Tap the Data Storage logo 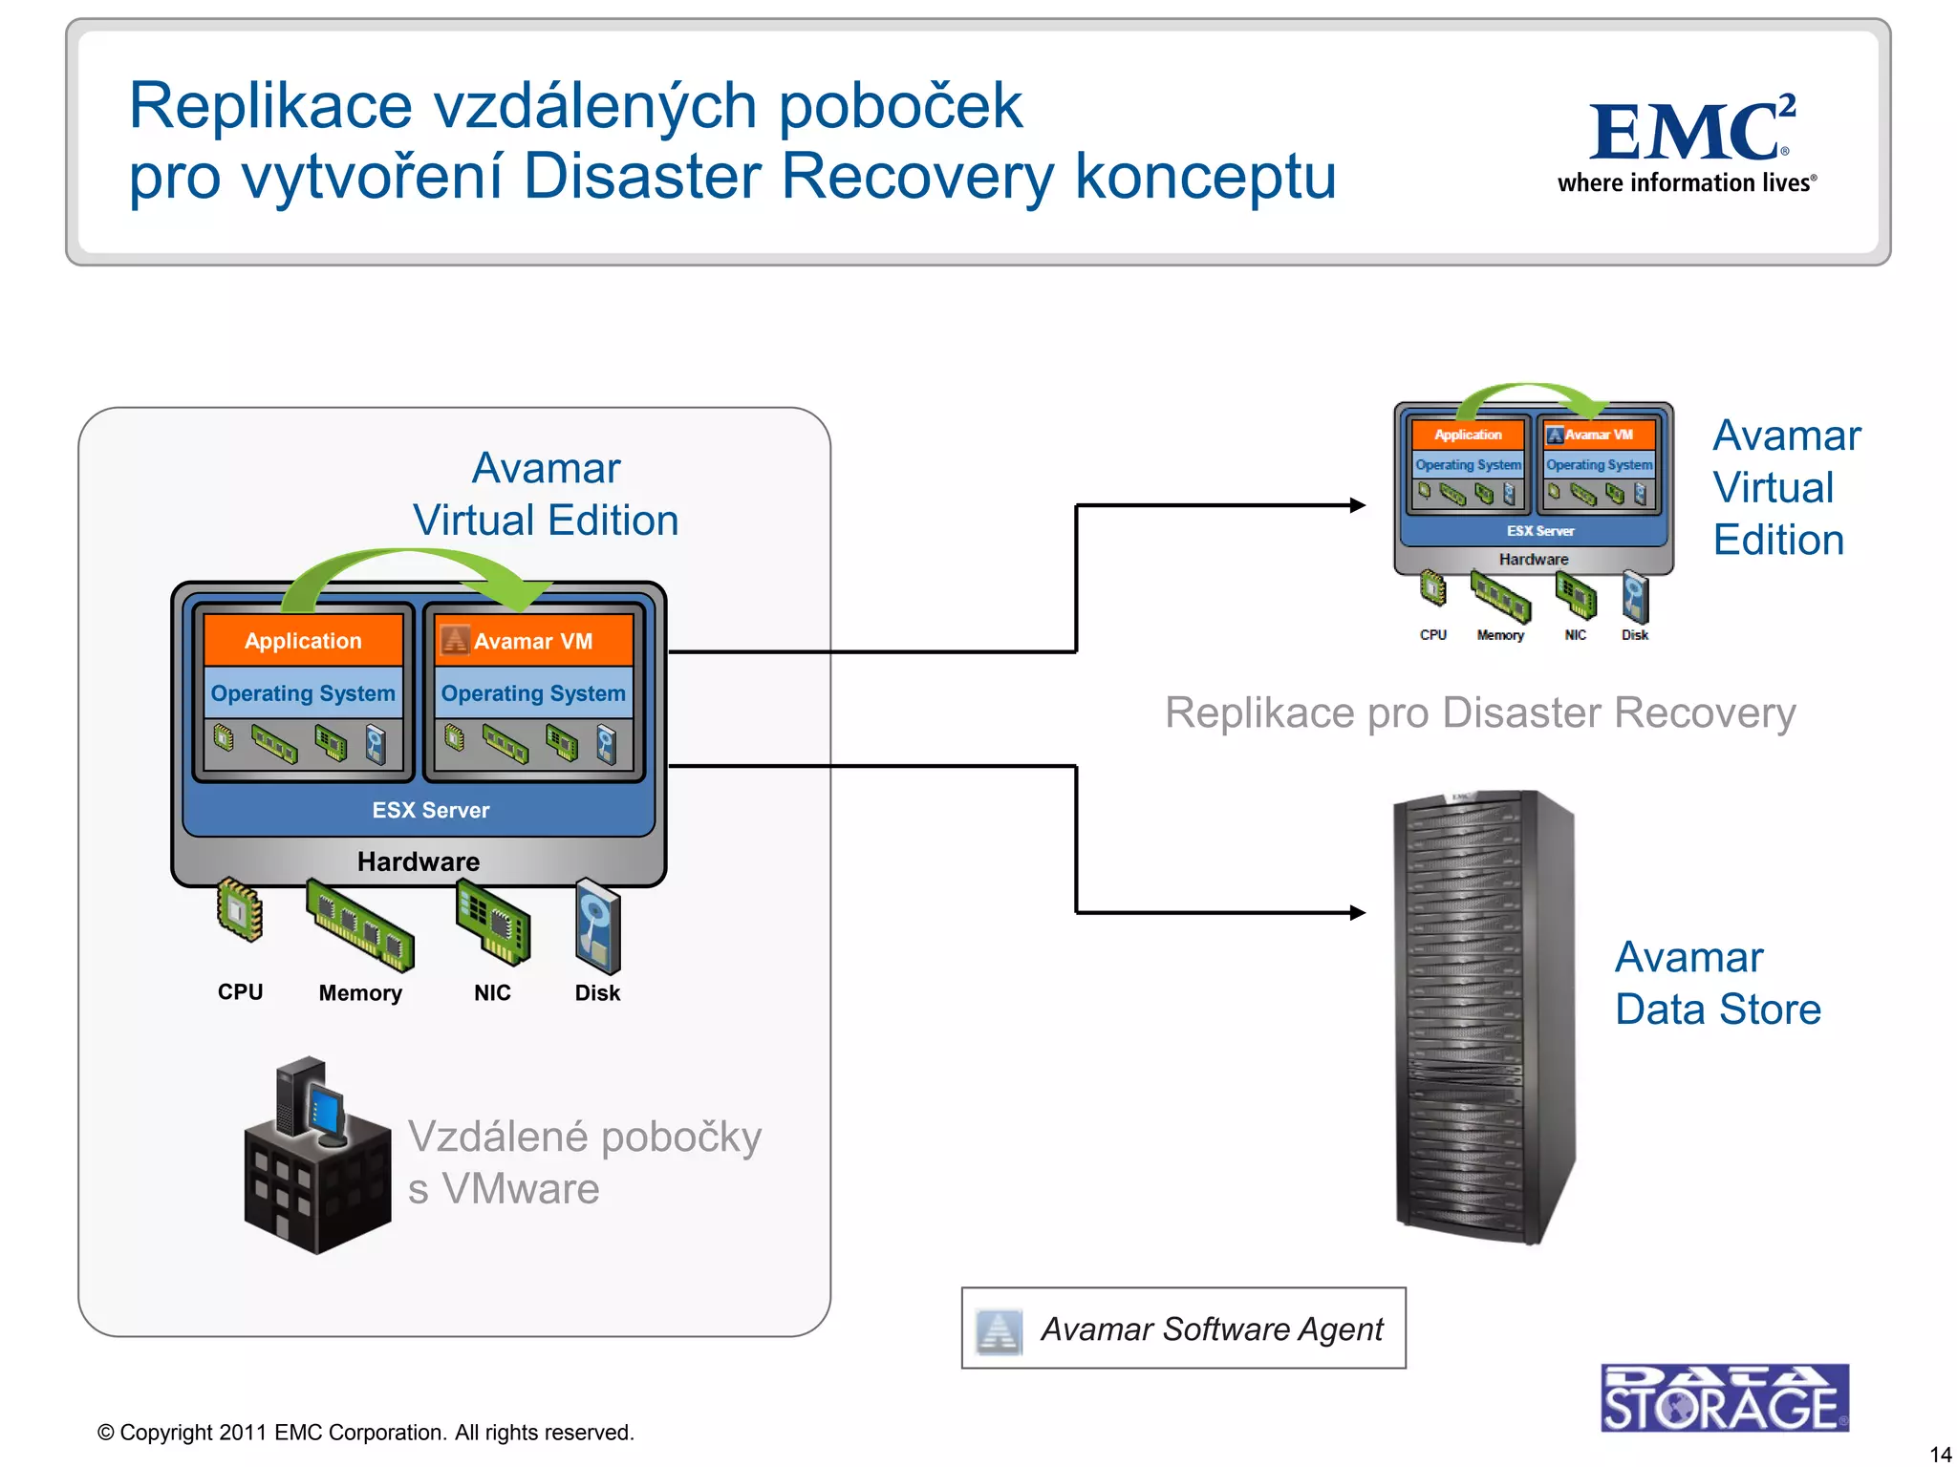(1724, 1398)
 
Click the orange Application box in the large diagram (303, 640)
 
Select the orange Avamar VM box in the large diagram (534, 640)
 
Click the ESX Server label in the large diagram (430, 810)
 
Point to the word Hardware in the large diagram (419, 861)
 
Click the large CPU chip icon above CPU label (240, 909)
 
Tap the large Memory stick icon (360, 925)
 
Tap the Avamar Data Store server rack (1483, 1017)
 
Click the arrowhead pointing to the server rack (1357, 913)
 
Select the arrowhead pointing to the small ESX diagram (1357, 505)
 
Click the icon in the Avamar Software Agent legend (999, 1329)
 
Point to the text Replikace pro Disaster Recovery (1479, 712)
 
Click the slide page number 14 (1940, 1454)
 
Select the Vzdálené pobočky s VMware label (583, 1162)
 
